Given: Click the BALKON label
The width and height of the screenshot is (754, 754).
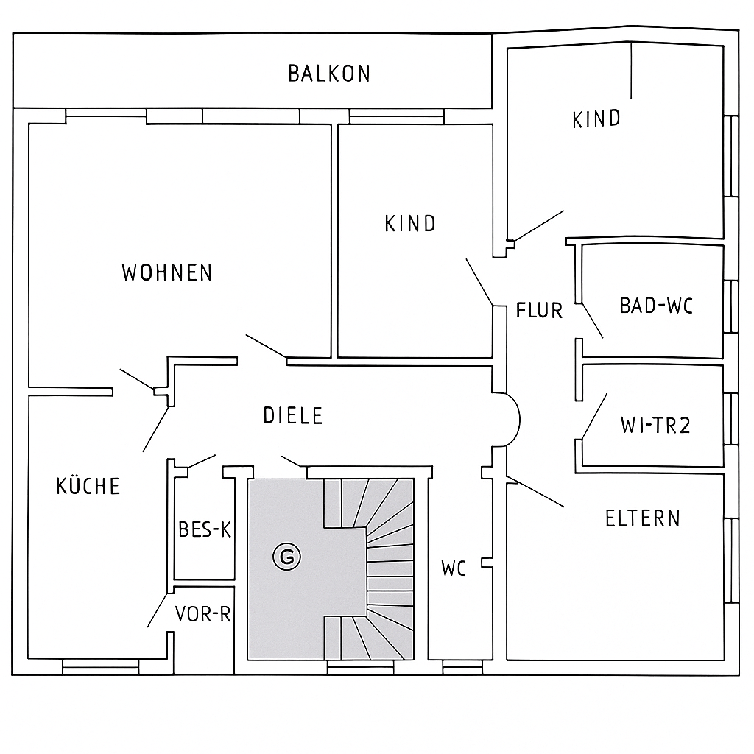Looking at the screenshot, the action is point(329,74).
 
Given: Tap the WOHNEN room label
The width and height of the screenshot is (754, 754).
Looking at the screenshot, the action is point(167,272).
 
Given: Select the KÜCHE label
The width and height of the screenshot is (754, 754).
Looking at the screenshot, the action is point(88,485).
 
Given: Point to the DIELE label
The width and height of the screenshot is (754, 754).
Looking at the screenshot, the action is point(293,415).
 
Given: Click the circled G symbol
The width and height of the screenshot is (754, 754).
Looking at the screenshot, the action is point(286,557).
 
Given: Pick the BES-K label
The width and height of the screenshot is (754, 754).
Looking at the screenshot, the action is point(205,529).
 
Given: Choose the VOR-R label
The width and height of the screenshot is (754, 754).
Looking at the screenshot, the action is point(203,614).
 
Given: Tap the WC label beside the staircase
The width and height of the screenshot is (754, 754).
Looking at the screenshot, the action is point(454,568).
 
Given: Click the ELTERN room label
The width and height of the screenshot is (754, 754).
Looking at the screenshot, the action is point(642,518).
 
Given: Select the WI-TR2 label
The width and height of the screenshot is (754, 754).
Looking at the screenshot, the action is point(655,425).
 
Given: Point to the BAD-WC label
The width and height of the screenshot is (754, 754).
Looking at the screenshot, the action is point(656,306).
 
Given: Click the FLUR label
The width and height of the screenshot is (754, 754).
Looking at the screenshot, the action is point(539,310).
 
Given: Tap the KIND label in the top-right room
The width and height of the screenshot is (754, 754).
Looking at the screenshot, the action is point(596,119).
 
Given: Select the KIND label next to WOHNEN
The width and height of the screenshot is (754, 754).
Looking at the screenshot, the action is point(410,224).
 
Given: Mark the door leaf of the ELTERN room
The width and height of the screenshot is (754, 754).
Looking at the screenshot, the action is point(535,491).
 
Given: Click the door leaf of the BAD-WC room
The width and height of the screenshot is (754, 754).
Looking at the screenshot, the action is point(593,321).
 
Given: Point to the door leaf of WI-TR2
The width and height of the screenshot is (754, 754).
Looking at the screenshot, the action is point(594,416).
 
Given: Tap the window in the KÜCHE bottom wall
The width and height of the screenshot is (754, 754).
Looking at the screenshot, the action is point(100,667).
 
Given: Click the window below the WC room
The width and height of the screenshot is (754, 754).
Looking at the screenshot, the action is point(462,667).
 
